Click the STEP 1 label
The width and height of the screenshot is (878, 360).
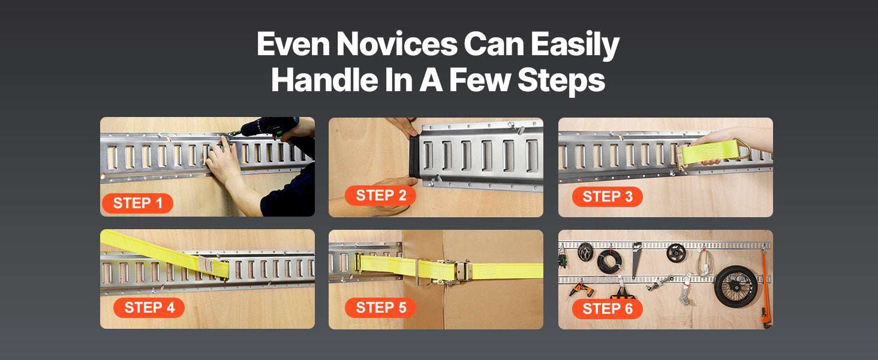tap(137, 203)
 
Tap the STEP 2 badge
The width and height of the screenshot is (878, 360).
tap(380, 195)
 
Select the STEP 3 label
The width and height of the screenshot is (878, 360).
tap(607, 196)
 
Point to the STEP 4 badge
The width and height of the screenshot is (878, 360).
tap(149, 307)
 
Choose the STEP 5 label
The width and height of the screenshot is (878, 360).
tap(380, 307)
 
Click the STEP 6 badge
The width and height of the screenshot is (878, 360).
tap(607, 308)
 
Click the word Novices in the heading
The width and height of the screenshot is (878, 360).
tap(396, 44)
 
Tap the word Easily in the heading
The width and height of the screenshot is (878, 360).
tap(575, 46)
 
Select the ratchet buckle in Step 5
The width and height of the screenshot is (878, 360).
tap(451, 271)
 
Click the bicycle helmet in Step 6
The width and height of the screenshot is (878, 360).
tap(585, 250)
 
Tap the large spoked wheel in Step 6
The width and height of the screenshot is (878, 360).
tap(736, 286)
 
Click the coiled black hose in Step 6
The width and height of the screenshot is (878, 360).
tap(609, 261)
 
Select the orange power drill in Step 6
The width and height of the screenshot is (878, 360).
tap(581, 290)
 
